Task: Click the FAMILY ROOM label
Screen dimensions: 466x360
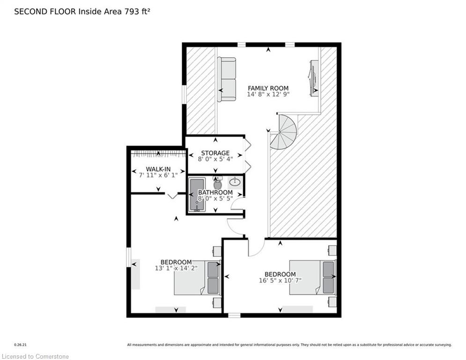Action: pyautogui.click(x=268, y=88)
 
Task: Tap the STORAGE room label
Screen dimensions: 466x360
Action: pyautogui.click(x=215, y=153)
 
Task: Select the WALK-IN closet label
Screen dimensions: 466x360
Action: pyautogui.click(x=158, y=169)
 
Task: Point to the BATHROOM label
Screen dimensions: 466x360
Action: pyautogui.click(x=215, y=192)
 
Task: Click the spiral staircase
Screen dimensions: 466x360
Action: pyautogui.click(x=284, y=132)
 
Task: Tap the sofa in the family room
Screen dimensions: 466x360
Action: pyautogui.click(x=227, y=79)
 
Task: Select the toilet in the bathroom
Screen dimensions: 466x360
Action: pyautogui.click(x=218, y=183)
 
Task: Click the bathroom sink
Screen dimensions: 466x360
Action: pyautogui.click(x=235, y=181)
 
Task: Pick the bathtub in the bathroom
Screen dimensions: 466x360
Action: pyautogui.click(x=197, y=195)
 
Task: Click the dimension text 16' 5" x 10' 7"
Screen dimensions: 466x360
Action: pyautogui.click(x=280, y=280)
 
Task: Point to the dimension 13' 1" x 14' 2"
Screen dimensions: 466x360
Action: pyautogui.click(x=176, y=268)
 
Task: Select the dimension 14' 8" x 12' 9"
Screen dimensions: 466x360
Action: pyautogui.click(x=268, y=94)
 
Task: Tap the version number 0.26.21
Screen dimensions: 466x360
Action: pyautogui.click(x=21, y=345)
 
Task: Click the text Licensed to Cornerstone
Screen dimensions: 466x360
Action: pyautogui.click(x=35, y=356)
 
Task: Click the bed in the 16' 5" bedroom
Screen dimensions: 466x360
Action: pyautogui.click(x=313, y=278)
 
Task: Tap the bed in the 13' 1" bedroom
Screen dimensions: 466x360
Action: pyautogui.click(x=197, y=278)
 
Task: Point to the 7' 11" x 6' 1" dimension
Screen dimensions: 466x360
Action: pyautogui.click(x=158, y=175)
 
